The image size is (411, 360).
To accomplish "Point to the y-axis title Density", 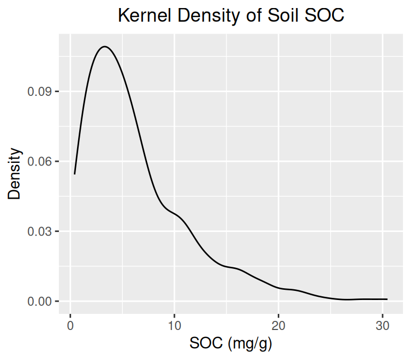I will tap(14, 174).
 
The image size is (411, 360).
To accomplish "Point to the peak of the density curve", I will tap(105, 47).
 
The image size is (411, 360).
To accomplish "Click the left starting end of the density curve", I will tap(75, 174).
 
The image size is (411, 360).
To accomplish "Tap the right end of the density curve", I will tap(386, 299).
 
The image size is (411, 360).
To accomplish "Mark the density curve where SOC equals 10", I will tap(174, 214).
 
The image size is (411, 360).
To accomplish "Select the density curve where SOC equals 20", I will tap(278, 288).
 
